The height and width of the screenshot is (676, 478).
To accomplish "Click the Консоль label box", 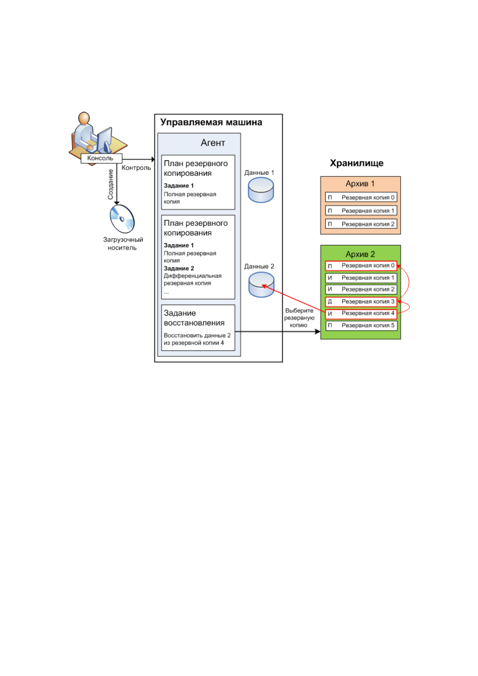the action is (x=101, y=158).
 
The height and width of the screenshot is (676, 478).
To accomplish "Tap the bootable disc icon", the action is (x=122, y=219).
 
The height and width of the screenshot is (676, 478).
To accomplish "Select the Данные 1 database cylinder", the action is (x=261, y=190).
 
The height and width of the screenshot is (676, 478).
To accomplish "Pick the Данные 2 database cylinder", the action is (x=261, y=284).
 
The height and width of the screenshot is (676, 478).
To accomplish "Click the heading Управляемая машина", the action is (x=211, y=122).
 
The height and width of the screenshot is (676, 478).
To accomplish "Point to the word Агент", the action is (x=213, y=143).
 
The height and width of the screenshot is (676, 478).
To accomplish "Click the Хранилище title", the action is (x=356, y=163).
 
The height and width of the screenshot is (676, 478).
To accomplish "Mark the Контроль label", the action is (x=136, y=168).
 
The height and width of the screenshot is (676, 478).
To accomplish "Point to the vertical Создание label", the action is (x=111, y=184).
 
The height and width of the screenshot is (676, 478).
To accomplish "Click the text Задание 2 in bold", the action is (x=179, y=268).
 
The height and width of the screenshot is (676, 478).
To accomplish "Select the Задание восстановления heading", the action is (x=194, y=318).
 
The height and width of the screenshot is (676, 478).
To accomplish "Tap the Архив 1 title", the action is (x=360, y=183).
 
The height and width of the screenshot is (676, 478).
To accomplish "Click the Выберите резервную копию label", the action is (x=299, y=318).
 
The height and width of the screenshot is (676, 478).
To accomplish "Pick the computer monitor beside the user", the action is (x=104, y=140).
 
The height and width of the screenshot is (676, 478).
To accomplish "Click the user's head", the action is (x=84, y=118).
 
